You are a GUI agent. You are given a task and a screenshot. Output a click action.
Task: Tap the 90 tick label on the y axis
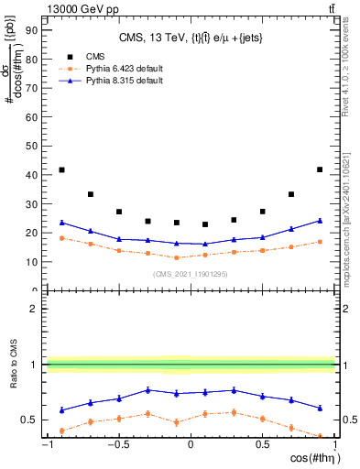click(x=31, y=29)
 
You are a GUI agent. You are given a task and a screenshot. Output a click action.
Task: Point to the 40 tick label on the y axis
click(x=31, y=175)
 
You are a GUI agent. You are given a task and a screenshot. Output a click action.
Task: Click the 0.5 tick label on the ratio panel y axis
click(x=28, y=420)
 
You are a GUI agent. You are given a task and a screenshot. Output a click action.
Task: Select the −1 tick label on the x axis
click(x=46, y=446)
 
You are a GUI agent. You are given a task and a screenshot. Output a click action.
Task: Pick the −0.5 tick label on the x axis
click(x=117, y=446)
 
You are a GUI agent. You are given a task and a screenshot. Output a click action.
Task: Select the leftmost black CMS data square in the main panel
click(x=61, y=169)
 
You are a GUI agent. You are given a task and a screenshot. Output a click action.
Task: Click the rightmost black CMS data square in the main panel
click(x=319, y=169)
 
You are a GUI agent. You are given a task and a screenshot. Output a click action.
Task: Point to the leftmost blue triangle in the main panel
click(x=61, y=223)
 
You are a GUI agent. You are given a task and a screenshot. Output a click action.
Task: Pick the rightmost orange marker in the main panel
click(x=319, y=242)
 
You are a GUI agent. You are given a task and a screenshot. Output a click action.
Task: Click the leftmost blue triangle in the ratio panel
click(x=61, y=409)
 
